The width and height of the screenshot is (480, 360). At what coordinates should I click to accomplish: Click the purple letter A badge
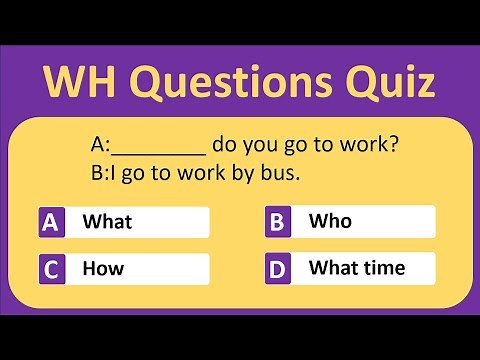click(x=52, y=222)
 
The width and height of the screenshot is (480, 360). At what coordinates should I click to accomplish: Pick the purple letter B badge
click(x=278, y=221)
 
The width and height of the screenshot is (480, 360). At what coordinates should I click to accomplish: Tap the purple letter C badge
click(x=52, y=269)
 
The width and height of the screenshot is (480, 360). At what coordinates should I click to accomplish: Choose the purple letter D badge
click(x=278, y=268)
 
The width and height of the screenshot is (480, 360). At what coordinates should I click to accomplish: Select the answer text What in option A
click(x=107, y=222)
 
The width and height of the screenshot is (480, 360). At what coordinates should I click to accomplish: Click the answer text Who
click(x=330, y=220)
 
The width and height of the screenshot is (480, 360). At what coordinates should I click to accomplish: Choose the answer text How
click(x=102, y=269)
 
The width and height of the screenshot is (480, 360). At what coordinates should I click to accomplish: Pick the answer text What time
click(x=357, y=267)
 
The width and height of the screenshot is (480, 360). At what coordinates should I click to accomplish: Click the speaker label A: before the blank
click(x=101, y=146)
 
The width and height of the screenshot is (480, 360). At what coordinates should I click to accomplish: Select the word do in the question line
click(x=225, y=145)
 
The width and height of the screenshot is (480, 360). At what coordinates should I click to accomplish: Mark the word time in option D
click(x=384, y=267)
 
